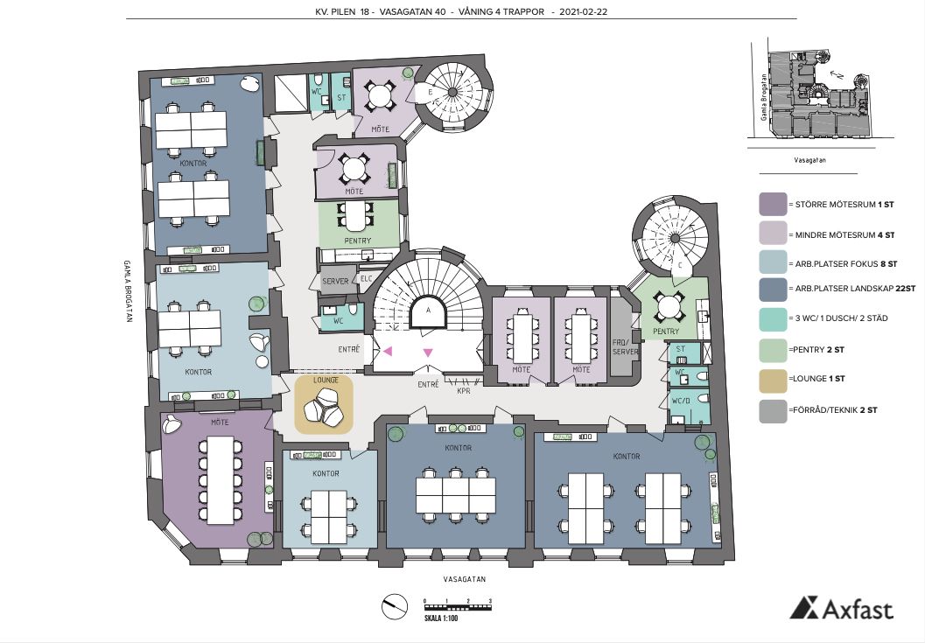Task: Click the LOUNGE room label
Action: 326,380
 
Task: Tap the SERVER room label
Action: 335,282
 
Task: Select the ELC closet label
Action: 367,278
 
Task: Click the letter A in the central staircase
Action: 428,310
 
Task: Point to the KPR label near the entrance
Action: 464,390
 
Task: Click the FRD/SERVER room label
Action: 626,346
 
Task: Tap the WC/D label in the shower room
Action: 681,401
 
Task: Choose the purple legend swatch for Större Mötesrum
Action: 773,204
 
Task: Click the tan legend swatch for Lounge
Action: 773,379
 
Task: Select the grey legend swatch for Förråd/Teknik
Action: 773,410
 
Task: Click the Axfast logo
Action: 842,608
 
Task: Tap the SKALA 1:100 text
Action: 441,619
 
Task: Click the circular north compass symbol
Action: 395,607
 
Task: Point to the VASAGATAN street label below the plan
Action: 465,579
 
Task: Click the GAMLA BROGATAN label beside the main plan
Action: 128,290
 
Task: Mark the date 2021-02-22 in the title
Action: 584,11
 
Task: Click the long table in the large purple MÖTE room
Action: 220,480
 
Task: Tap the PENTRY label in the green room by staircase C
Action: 666,332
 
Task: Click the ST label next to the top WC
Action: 341,98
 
